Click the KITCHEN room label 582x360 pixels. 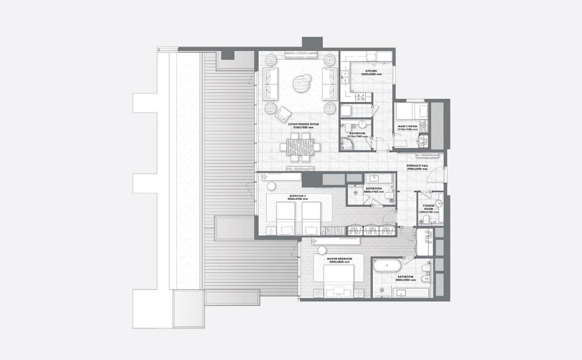tap(371, 71)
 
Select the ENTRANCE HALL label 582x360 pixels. tap(418, 165)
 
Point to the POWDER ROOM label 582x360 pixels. tap(429, 207)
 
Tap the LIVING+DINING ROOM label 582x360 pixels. tap(303, 125)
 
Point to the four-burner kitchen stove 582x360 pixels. tap(362, 98)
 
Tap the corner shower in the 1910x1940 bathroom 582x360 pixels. tap(347, 141)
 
